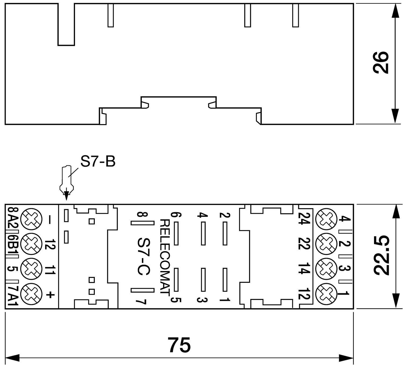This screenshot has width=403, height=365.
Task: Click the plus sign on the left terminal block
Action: [x=50, y=295]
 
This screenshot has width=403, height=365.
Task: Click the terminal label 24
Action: [x=304, y=219]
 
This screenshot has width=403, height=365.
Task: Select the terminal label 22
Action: [x=304, y=244]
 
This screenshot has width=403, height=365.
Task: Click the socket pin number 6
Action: [x=177, y=215]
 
